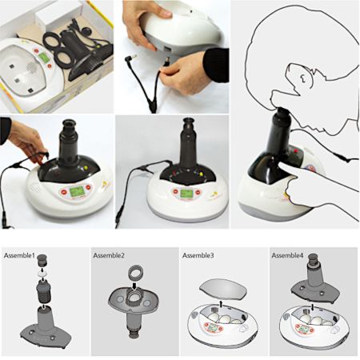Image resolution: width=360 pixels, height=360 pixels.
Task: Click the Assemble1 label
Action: tap(19, 255)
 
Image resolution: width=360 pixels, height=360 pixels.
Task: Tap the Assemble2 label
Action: tap(109, 255)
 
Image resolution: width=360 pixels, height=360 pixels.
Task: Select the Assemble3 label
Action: tap(198, 255)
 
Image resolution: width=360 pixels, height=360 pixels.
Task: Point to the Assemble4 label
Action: tap(287, 255)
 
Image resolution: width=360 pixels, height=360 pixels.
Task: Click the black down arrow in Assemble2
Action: tap(134, 286)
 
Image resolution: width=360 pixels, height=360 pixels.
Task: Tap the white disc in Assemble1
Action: tap(42, 273)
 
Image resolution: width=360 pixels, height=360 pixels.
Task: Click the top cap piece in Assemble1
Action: tap(42, 260)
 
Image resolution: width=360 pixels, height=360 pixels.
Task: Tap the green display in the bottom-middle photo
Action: tap(186, 193)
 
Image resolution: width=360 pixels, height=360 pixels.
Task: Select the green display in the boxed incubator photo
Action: tap(43, 57)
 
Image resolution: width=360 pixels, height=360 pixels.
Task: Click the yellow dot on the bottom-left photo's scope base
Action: tap(86, 168)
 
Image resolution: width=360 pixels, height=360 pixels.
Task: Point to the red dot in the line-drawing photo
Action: tap(295, 151)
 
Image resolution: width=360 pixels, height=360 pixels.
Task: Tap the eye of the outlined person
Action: tap(303, 78)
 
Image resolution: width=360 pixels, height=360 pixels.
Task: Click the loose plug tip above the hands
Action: tap(131, 57)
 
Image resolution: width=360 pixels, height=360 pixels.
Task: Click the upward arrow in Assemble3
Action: tap(221, 304)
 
